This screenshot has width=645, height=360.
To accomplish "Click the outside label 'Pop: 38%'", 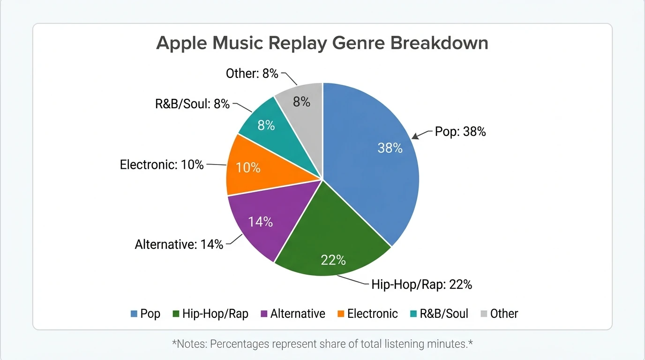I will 460,132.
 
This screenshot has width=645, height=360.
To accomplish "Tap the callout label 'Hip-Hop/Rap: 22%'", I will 421,284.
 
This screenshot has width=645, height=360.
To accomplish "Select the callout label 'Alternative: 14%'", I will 179,244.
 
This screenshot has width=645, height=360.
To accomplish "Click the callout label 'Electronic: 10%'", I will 162,165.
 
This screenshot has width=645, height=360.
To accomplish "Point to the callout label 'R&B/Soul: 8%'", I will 192,104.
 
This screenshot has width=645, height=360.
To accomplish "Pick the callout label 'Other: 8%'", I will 252,74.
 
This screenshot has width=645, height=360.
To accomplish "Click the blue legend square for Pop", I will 134,314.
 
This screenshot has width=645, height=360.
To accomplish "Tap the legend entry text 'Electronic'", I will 372,314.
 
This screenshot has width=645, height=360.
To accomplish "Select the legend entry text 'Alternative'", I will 298,314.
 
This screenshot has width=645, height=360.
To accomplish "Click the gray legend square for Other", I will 483,314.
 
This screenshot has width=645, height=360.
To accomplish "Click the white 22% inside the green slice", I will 333,260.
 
